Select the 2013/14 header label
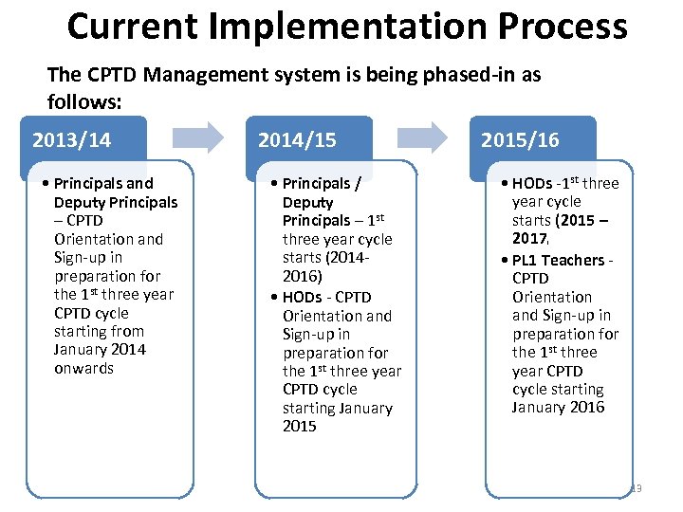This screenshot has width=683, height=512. click(x=71, y=141)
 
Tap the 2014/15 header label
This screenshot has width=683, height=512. click(x=297, y=141)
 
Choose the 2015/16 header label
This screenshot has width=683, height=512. click(x=520, y=141)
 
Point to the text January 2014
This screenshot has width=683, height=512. click(x=100, y=350)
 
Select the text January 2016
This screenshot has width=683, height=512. click(x=558, y=408)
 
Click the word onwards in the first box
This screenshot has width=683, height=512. click(x=83, y=368)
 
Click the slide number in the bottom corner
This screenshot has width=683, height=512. click(x=636, y=488)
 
